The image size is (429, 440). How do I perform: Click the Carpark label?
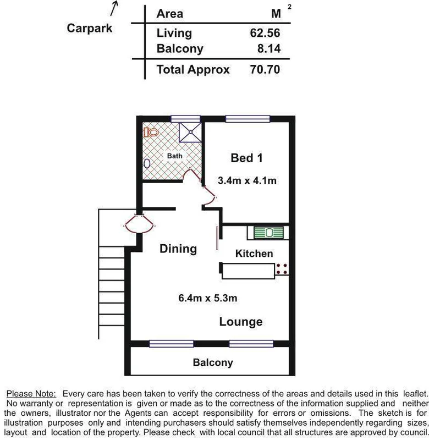pos(89,28)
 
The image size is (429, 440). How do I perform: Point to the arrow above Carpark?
pos(114,8)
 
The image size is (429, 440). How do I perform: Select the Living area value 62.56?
pos(265,32)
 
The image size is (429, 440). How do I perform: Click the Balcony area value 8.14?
pos(269,48)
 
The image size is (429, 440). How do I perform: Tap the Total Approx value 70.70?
pos(265,69)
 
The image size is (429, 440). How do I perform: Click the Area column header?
pos(170,14)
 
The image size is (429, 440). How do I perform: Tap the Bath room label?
pos(174,156)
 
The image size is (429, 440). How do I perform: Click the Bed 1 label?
pos(246,158)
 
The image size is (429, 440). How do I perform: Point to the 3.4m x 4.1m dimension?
pos(247,180)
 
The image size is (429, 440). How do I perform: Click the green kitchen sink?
pos(268,232)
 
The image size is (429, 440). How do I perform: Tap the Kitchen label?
pos(254,254)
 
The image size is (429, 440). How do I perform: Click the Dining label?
pos(178,249)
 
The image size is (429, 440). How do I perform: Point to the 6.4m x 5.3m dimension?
pos(207,299)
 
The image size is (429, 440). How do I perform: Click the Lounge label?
pos(241,322)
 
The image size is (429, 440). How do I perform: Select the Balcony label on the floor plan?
pos(213,362)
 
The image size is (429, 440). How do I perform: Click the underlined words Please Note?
pos(31,394)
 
